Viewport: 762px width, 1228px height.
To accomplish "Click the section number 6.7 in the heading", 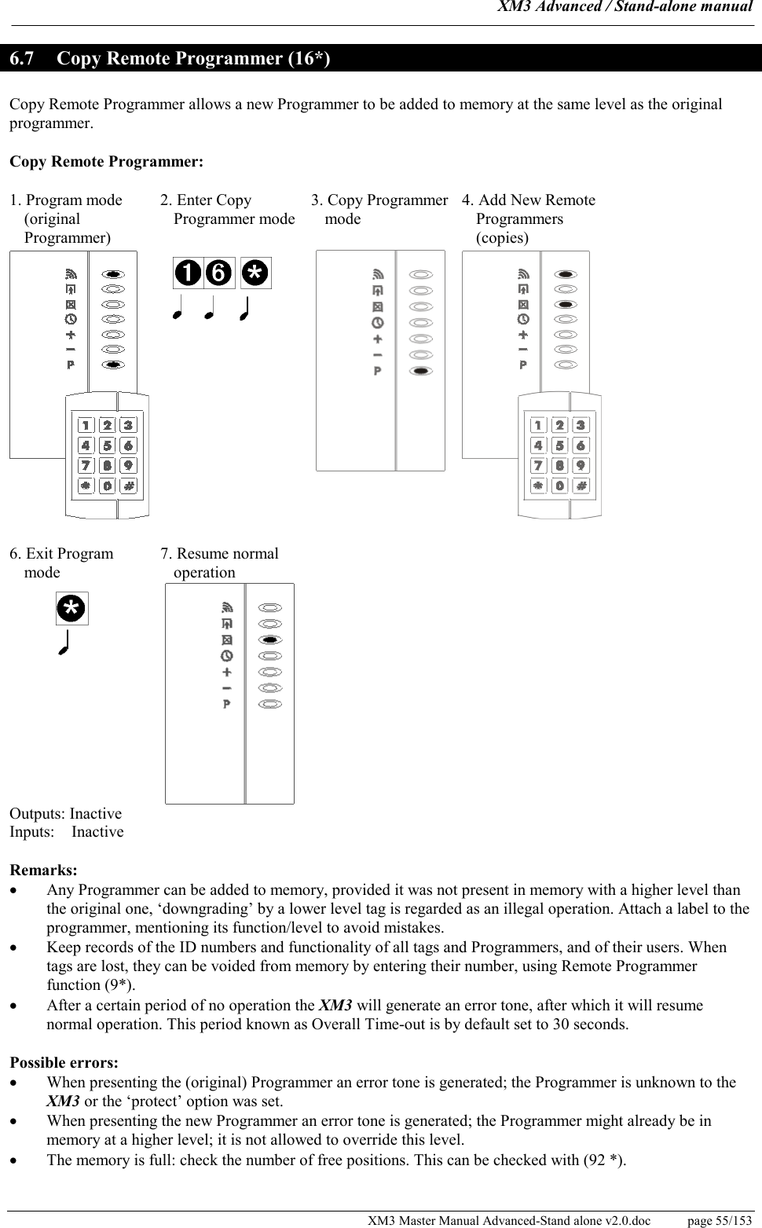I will point(22,59).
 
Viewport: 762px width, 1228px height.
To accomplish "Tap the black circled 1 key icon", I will point(189,273).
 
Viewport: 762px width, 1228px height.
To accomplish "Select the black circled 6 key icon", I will point(219,273).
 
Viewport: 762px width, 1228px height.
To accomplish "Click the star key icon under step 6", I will point(71,608).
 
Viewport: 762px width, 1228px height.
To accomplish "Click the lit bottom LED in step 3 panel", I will point(422,371).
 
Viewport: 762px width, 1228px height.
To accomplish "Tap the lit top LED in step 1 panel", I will point(113,274).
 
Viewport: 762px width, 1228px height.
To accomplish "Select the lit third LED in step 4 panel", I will point(566,304).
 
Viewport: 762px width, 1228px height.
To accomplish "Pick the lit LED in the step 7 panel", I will point(270,640).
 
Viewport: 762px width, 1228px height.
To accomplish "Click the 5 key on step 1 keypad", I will point(108,445).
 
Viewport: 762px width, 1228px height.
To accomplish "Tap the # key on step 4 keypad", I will point(581,486).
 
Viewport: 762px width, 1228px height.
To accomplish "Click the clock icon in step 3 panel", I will point(378,323).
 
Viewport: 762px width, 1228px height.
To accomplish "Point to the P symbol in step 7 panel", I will point(227,704).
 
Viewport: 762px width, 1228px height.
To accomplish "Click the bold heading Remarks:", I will point(43,871).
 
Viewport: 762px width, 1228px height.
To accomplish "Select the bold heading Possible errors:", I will point(64,1063).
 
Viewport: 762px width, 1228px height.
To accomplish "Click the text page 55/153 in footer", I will point(719,1220).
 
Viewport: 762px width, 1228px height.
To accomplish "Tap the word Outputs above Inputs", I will point(37,814).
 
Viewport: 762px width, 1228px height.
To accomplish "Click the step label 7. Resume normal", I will point(219,554).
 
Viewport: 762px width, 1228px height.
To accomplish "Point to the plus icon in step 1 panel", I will point(71,335).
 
